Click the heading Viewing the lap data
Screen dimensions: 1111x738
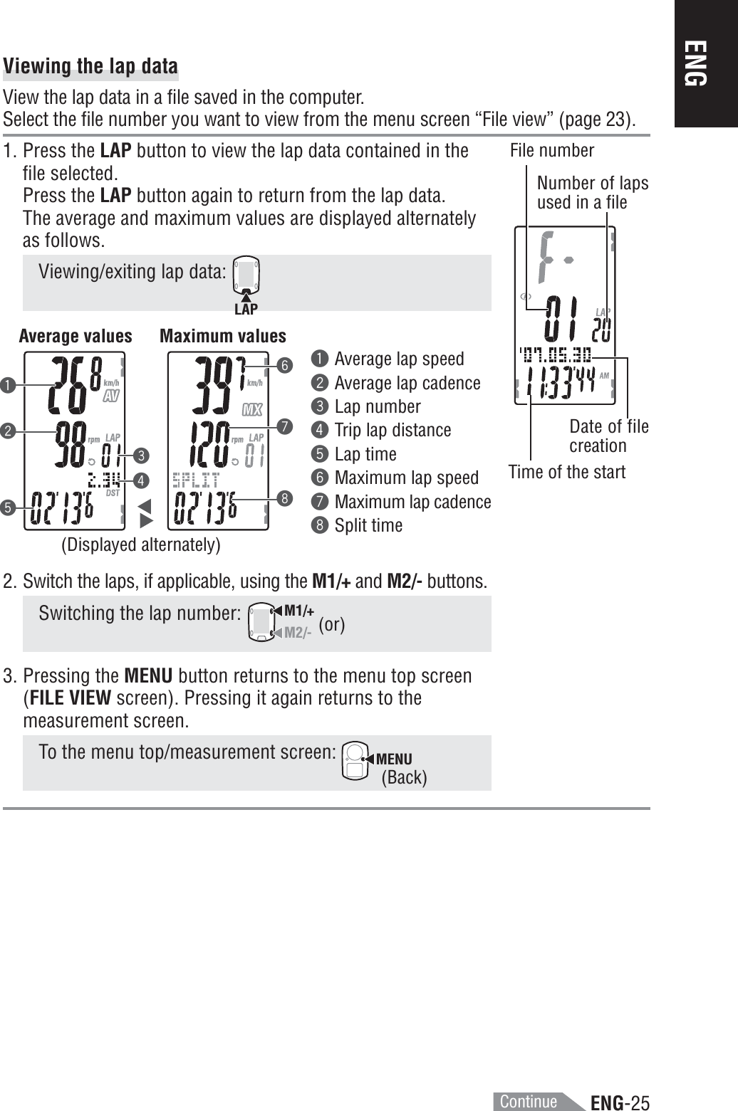90,66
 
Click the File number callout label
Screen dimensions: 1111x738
552,150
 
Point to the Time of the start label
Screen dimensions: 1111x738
566,472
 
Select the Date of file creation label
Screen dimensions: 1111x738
608,436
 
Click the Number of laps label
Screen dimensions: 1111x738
592,192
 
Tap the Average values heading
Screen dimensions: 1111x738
76,336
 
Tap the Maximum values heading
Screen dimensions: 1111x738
223,336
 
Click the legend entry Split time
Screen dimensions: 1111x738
368,525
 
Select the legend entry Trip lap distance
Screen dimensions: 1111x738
393,430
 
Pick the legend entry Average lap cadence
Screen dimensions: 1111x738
407,383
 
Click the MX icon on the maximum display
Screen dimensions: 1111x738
252,410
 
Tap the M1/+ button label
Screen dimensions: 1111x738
298,611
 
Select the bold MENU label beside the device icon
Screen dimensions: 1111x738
394,759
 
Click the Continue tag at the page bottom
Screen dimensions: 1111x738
529,1101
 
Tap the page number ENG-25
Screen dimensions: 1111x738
620,1103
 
